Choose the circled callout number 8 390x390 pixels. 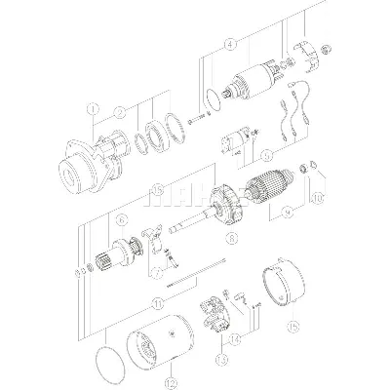click(230, 235)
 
